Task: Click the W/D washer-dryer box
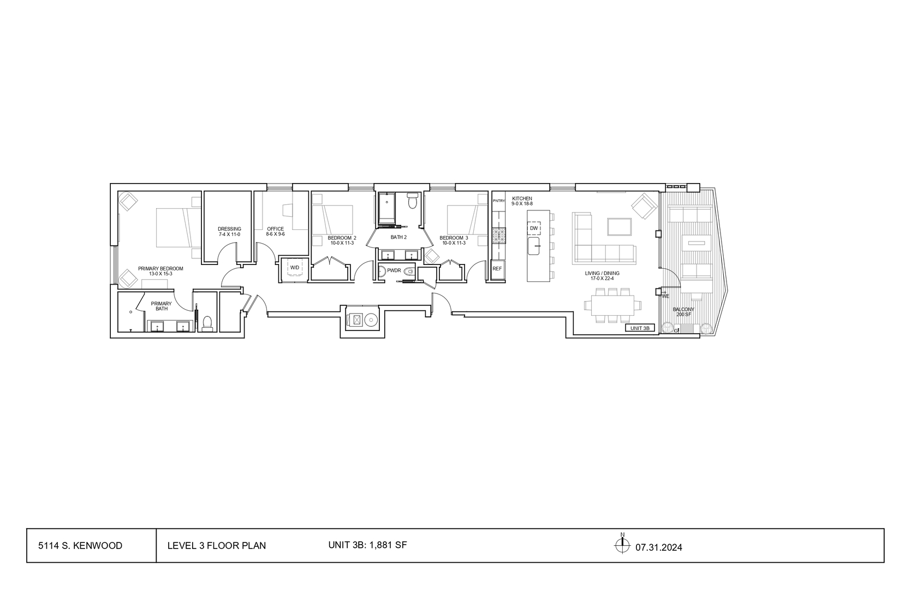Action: [x=294, y=268]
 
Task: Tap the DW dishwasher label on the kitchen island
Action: [x=534, y=228]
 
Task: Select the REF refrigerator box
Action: [x=497, y=269]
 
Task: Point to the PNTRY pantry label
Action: [x=498, y=200]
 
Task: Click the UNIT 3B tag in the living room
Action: [x=640, y=328]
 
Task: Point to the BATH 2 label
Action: [x=398, y=238]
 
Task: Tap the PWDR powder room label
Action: [x=394, y=271]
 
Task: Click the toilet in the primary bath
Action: [x=207, y=323]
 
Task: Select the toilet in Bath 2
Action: [x=413, y=200]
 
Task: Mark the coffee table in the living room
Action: [x=620, y=227]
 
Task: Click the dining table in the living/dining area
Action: [x=612, y=305]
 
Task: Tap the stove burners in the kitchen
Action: [x=498, y=236]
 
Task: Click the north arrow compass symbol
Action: [x=622, y=545]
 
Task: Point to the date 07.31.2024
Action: [x=659, y=547]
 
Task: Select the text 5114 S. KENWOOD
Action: [x=80, y=546]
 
